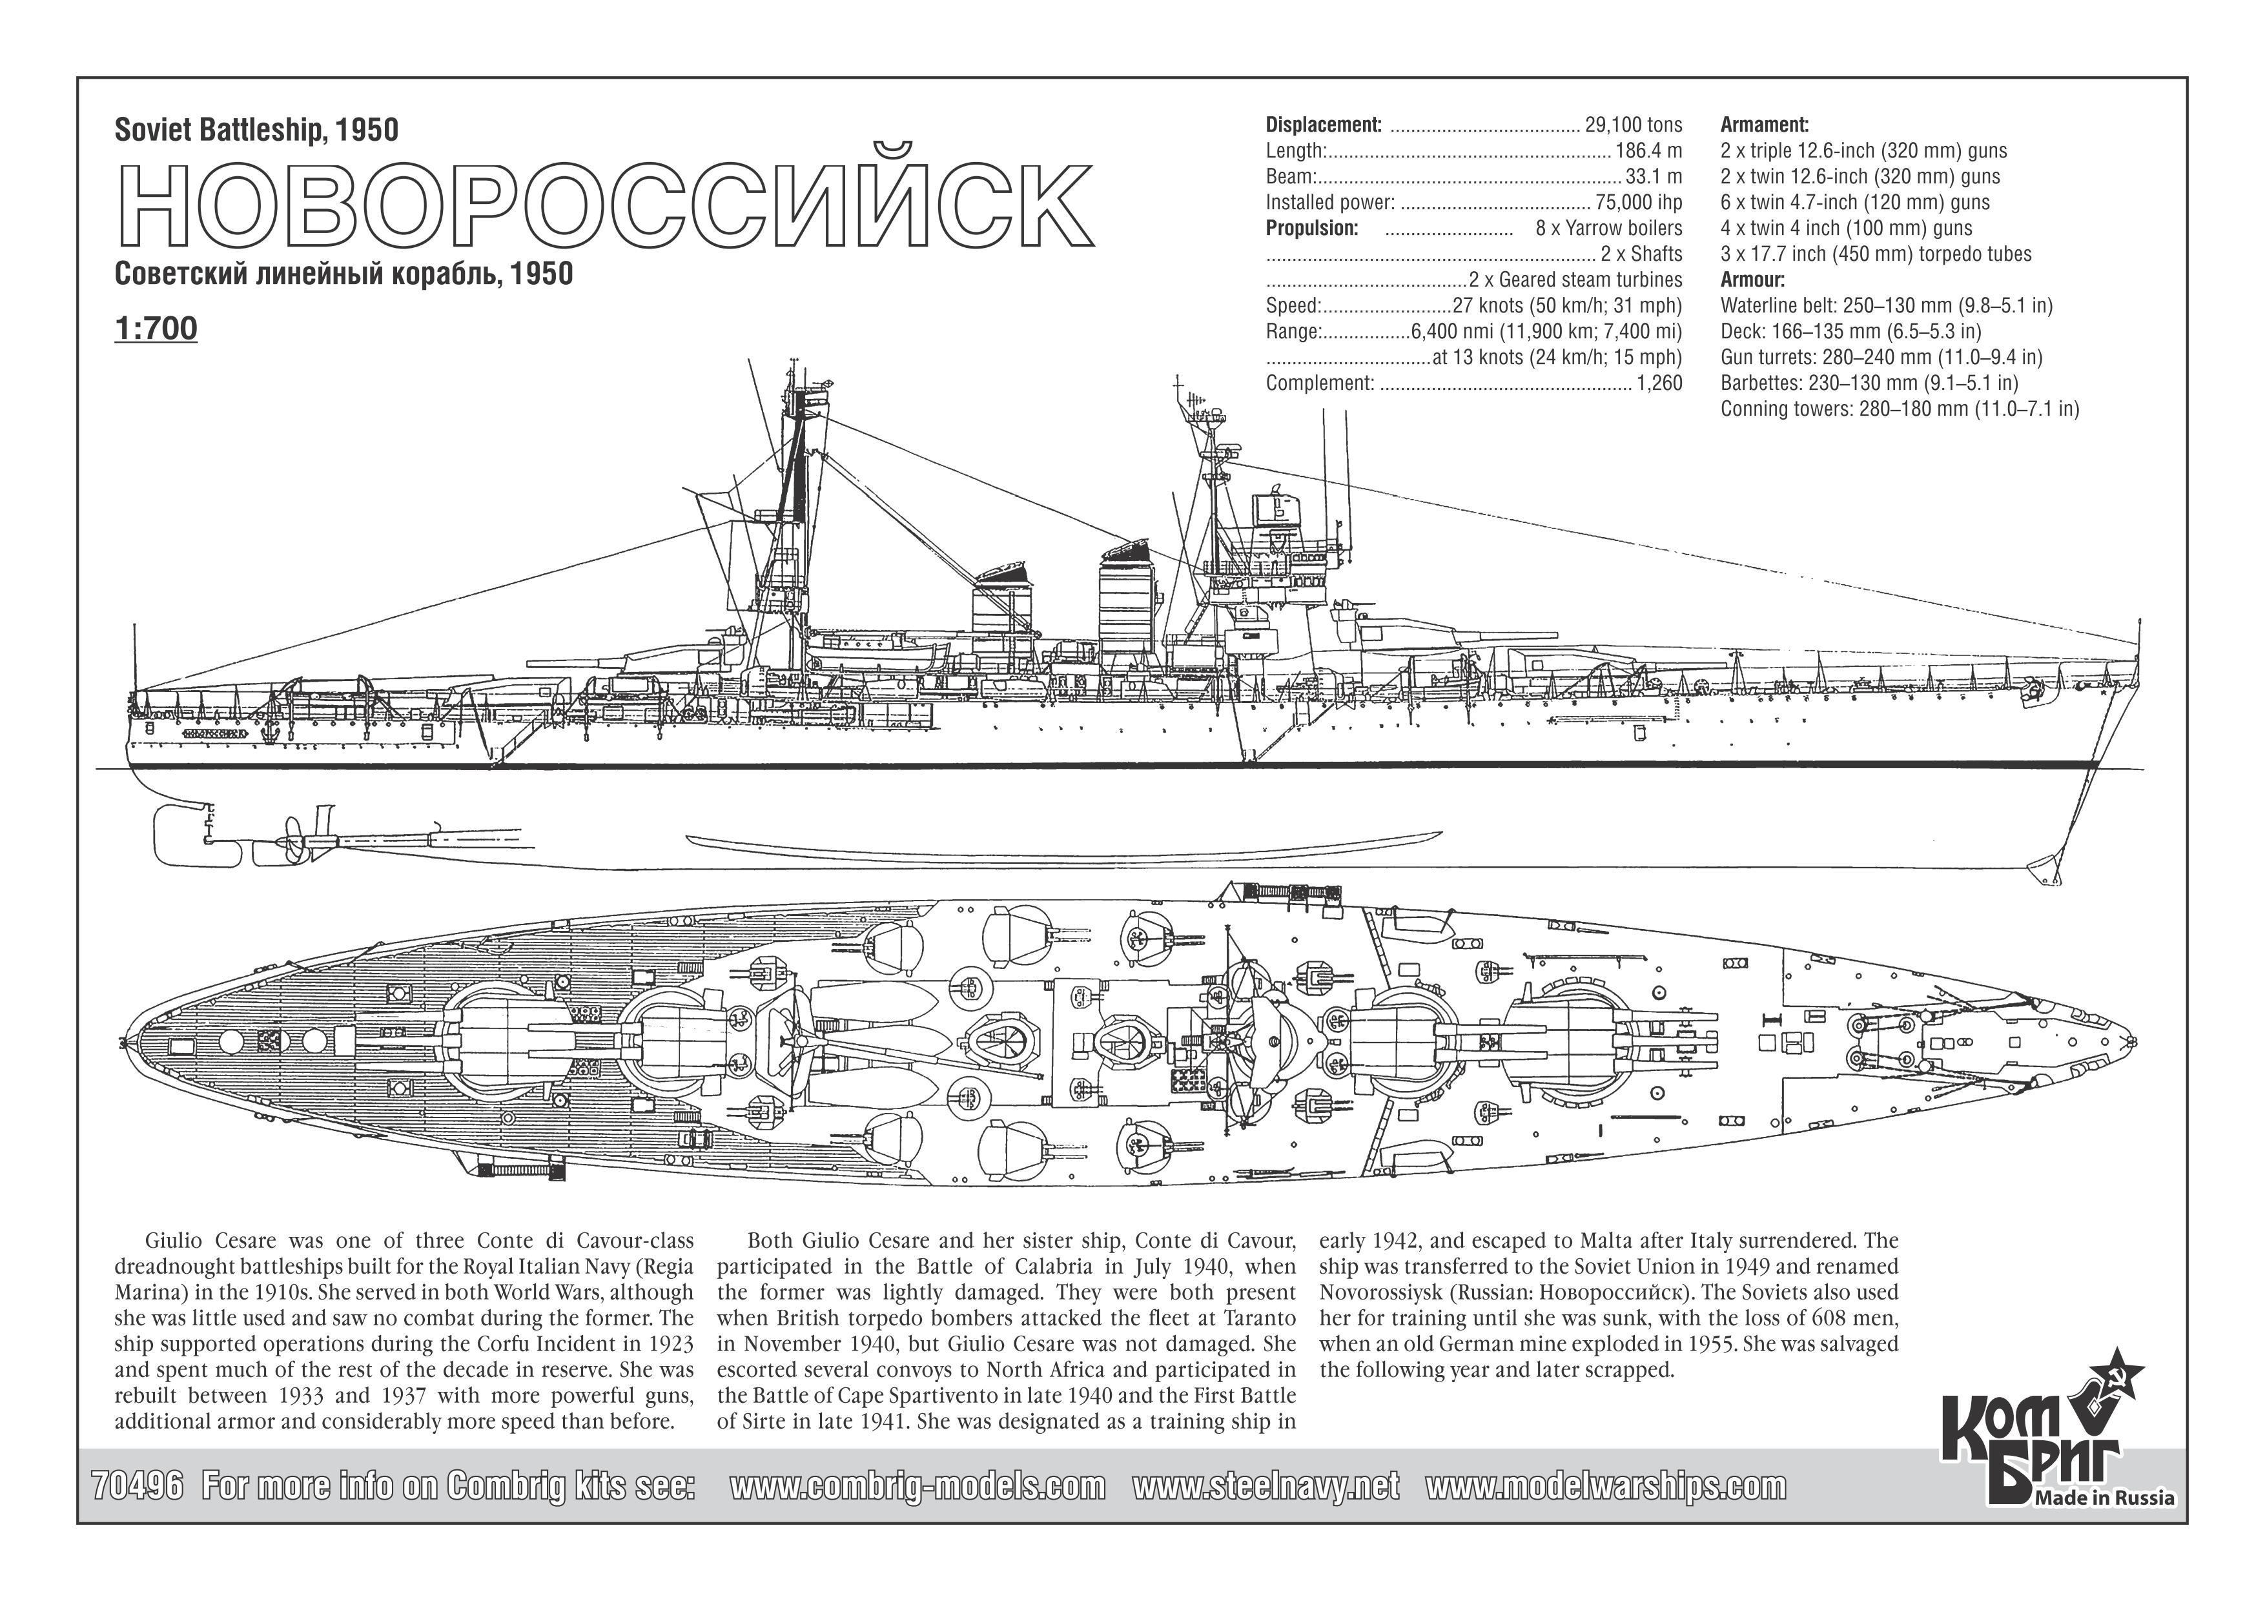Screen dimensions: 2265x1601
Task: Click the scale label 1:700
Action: click(156, 329)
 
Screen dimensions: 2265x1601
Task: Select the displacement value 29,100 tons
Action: click(1634, 125)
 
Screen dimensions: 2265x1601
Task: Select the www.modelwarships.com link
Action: click(1606, 1485)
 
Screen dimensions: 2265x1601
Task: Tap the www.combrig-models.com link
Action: click(917, 1485)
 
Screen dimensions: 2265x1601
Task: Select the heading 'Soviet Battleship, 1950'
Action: click(256, 130)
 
